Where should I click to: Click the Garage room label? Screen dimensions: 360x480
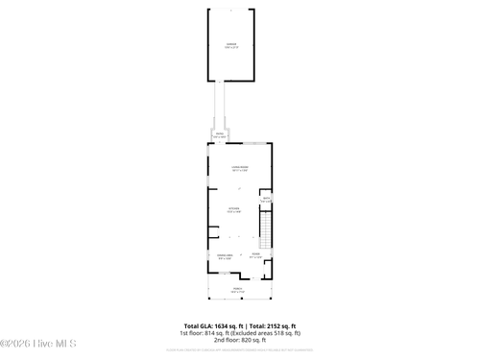[x=231, y=44]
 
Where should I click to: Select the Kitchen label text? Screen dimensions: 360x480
[x=233, y=207]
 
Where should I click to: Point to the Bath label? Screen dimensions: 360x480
[x=266, y=200]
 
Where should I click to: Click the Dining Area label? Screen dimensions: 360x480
[x=225, y=255]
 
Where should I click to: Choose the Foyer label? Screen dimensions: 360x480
[x=256, y=255]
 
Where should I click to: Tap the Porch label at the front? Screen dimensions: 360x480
[x=238, y=288]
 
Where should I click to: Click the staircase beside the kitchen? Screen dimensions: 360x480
[x=268, y=228]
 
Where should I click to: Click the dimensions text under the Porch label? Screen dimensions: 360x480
[x=238, y=292]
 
